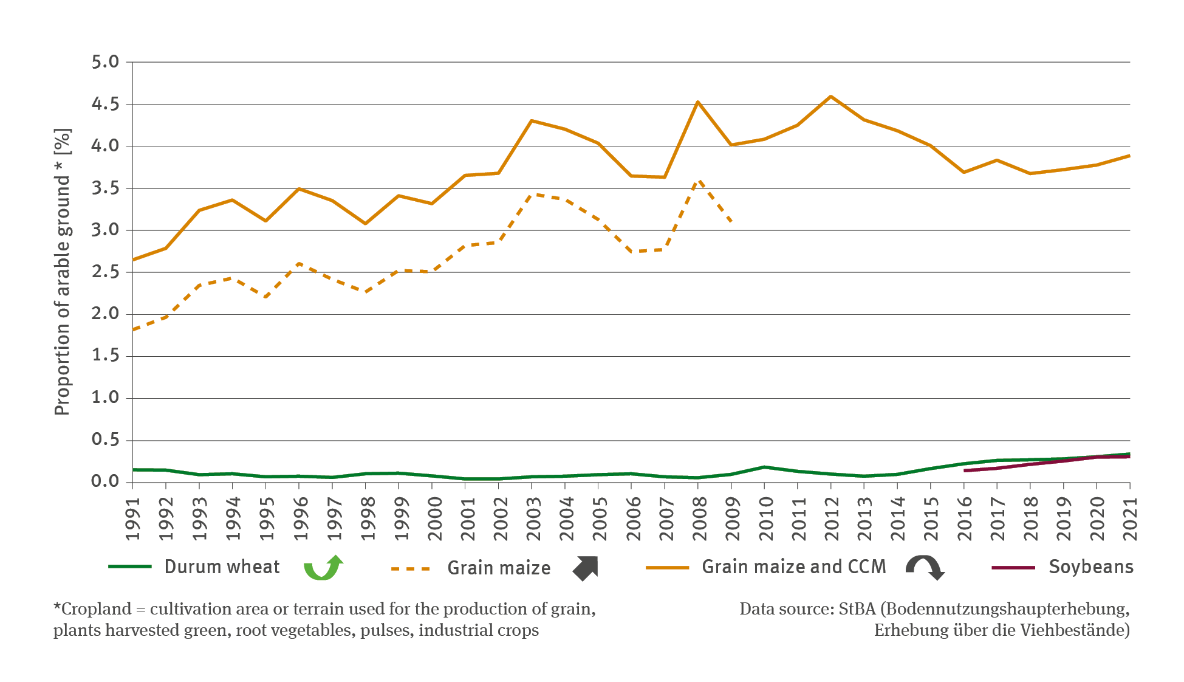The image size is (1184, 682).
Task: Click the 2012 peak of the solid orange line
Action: click(x=831, y=97)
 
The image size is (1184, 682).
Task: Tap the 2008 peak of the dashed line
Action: click(x=698, y=181)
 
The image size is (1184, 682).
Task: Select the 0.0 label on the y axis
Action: click(x=105, y=481)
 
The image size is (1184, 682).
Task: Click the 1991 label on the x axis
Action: click(x=133, y=518)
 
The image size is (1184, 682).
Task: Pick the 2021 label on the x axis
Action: click(x=1130, y=518)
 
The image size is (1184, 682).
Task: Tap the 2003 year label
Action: click(x=532, y=518)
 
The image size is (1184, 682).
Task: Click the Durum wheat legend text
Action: click(x=222, y=567)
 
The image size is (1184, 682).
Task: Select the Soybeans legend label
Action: click(x=1091, y=567)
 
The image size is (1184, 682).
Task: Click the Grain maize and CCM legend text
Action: click(x=793, y=567)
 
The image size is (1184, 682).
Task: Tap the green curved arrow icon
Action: click(x=323, y=568)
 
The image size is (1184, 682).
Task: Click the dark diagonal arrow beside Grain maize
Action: click(x=586, y=568)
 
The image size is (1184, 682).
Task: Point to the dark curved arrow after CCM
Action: click(x=925, y=568)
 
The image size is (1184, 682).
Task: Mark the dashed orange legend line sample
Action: click(x=411, y=569)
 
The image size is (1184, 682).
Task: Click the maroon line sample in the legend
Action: click(x=1013, y=568)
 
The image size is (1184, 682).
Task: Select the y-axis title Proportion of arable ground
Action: click(x=63, y=272)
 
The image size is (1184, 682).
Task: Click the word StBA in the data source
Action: click(x=857, y=609)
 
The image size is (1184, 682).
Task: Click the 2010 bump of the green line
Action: click(x=764, y=467)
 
